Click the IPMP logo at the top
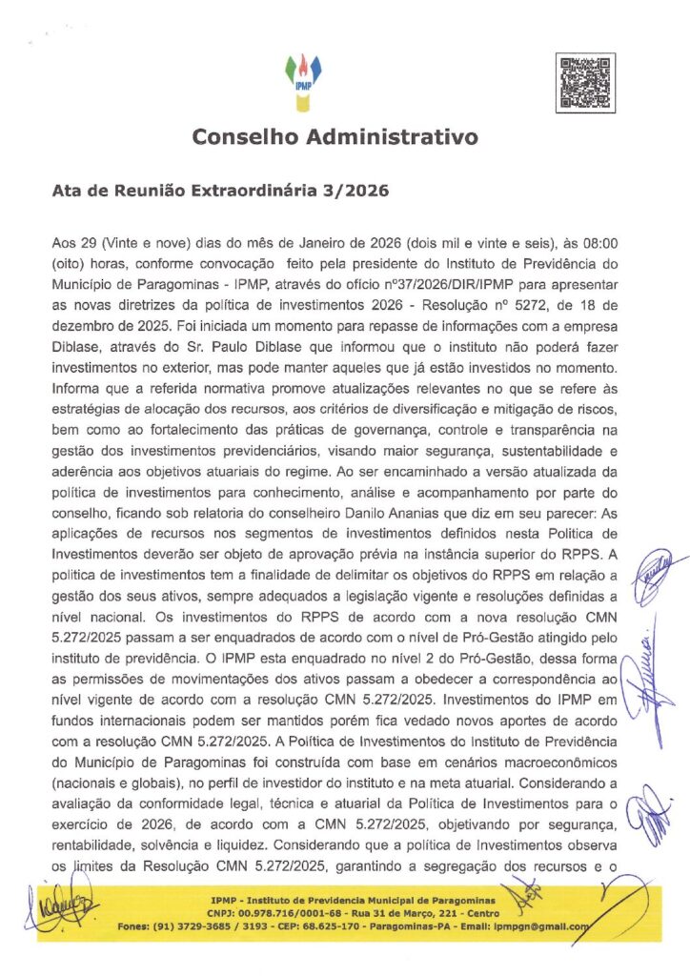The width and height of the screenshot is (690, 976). (304, 77)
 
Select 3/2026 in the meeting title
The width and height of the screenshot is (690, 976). (354, 191)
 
